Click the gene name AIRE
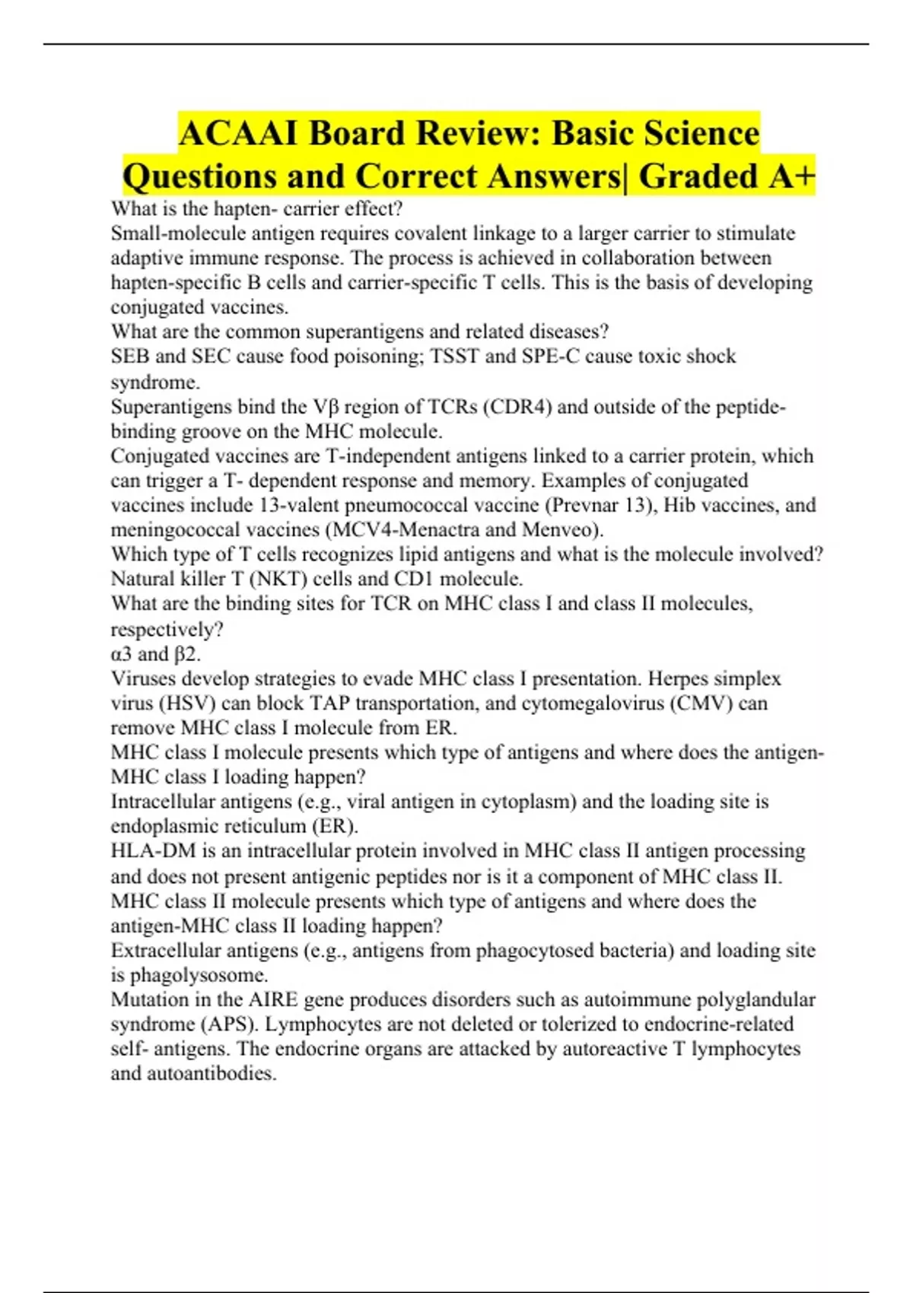(272, 999)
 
